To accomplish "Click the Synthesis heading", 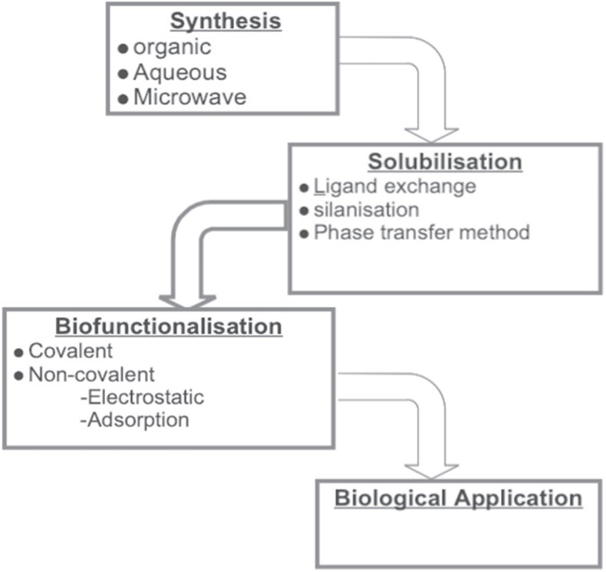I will (226, 21).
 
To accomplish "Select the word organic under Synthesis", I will (172, 48).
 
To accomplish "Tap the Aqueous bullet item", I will (179, 72).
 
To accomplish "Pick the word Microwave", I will (189, 98).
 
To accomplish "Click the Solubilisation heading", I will (445, 163).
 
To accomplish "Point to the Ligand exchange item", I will (394, 187).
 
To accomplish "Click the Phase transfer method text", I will (421, 232).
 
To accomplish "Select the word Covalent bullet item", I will (71, 351).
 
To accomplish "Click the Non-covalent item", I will (91, 374).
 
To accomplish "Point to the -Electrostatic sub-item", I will (142, 397).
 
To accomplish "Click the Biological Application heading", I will (458, 498).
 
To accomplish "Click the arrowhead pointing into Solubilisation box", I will (431, 133).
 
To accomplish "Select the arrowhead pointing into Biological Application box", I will (431, 470).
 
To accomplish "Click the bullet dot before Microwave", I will (123, 98).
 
